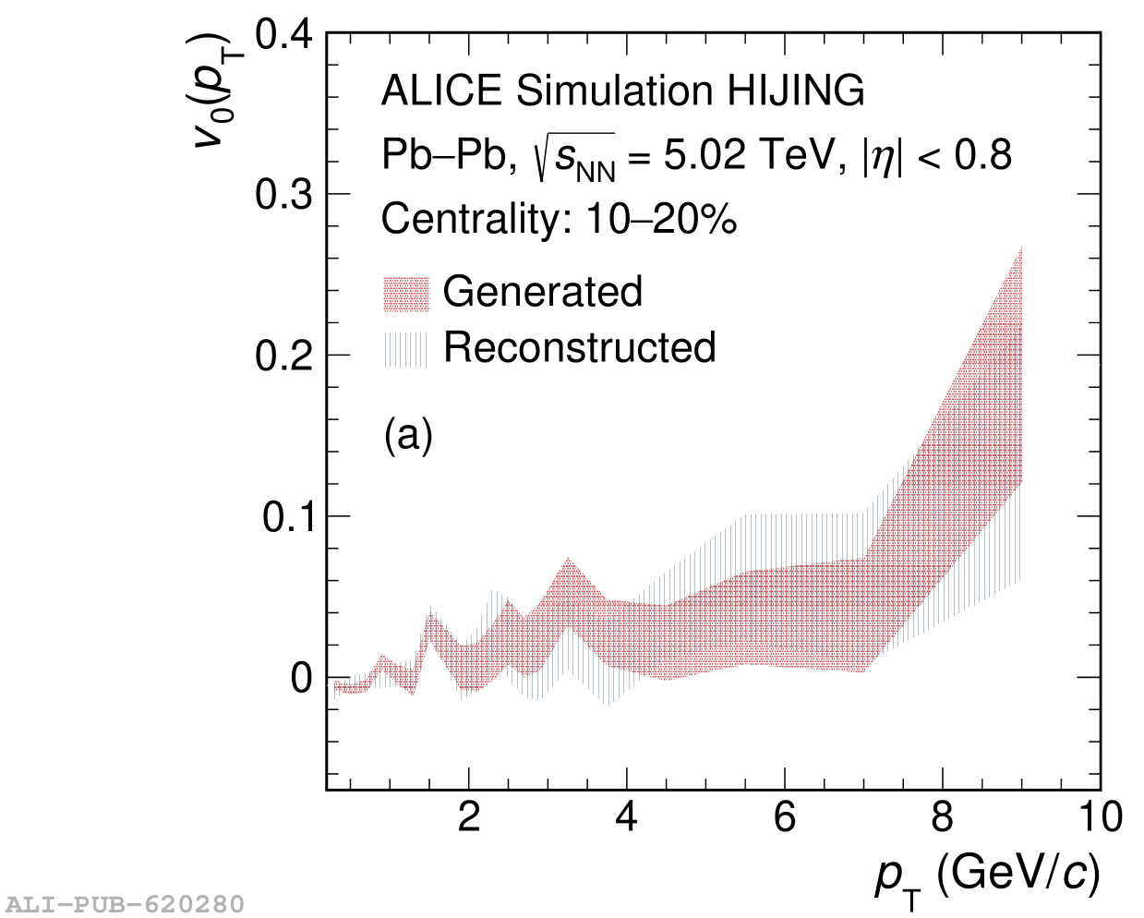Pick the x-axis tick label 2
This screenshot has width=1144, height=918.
pos(469,817)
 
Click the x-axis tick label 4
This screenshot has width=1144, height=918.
pos(627,817)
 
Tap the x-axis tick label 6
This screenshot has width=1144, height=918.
pos(785,817)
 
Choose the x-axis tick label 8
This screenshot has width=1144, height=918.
pos(943,817)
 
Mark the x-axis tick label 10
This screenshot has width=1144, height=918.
pos(1099,817)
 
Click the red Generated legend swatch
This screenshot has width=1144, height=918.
pos(406,294)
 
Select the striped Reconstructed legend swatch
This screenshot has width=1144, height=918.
pos(406,349)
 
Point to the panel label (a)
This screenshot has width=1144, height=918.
pos(408,434)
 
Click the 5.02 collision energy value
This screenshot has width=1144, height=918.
pos(704,155)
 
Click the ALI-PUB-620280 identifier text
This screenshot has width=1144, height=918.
pos(125,903)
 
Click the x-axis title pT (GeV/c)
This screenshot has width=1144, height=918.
pos(987,874)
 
